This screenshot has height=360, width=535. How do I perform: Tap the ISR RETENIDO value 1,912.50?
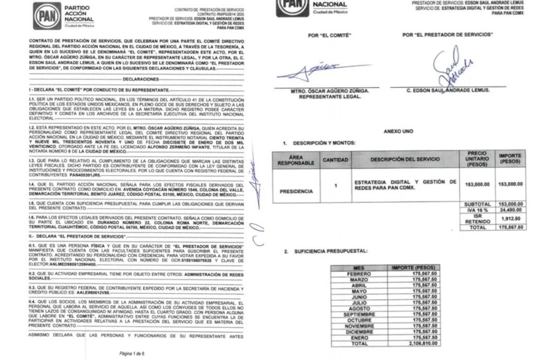coord(513,220)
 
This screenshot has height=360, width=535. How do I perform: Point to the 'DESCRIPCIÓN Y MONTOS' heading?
coord(321,143)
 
